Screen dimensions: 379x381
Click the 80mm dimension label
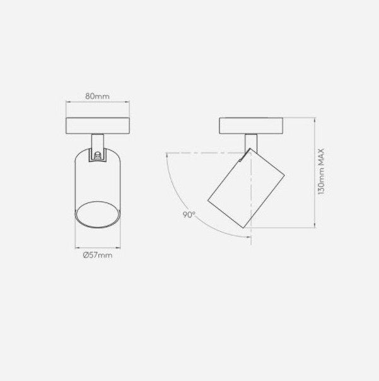(x=97, y=97)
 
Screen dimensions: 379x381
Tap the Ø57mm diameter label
(x=97, y=255)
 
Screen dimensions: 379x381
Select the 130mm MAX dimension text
(x=321, y=172)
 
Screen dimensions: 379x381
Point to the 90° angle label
(x=189, y=214)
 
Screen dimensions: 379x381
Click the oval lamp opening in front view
(x=98, y=214)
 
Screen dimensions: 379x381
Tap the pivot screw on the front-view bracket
(x=98, y=155)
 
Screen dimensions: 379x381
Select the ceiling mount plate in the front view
(x=98, y=126)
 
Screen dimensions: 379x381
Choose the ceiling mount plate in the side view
(x=251, y=126)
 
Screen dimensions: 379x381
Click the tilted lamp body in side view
(x=246, y=188)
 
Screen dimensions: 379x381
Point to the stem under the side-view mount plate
(x=251, y=143)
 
